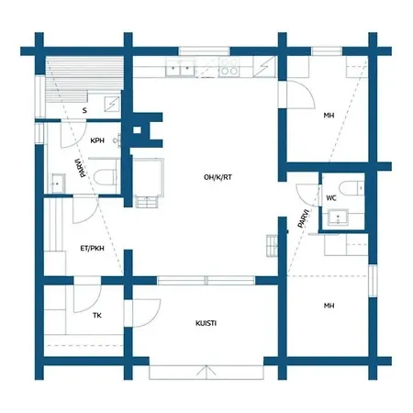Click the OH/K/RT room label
(x=218, y=177)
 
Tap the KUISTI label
(x=206, y=323)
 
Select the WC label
(x=331, y=198)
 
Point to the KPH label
(x=97, y=140)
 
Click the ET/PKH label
(x=92, y=248)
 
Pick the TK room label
(x=97, y=315)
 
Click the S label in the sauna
(x=84, y=110)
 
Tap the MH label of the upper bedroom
(x=329, y=116)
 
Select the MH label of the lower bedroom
(x=329, y=306)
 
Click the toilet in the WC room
(x=352, y=188)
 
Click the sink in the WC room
(x=338, y=218)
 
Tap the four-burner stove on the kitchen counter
(x=229, y=67)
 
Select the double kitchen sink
(x=180, y=68)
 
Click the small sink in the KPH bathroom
(x=58, y=184)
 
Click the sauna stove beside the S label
(x=112, y=104)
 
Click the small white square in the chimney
(x=138, y=130)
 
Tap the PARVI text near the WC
(x=304, y=218)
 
